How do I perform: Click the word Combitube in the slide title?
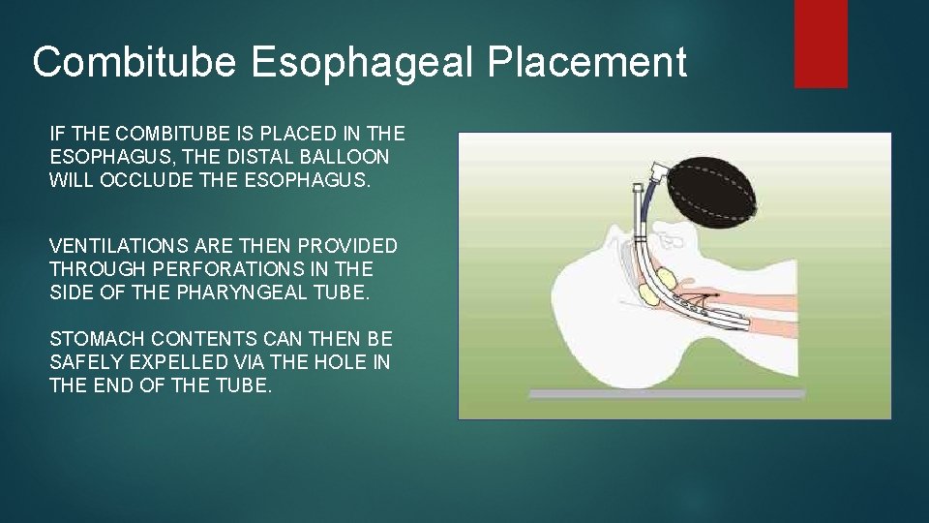click(x=135, y=63)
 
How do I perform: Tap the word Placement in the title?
click(x=587, y=63)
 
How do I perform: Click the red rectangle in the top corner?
click(x=821, y=43)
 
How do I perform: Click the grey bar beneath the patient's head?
click(x=666, y=394)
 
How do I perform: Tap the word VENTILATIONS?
click(x=117, y=246)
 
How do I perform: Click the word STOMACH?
click(x=90, y=338)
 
